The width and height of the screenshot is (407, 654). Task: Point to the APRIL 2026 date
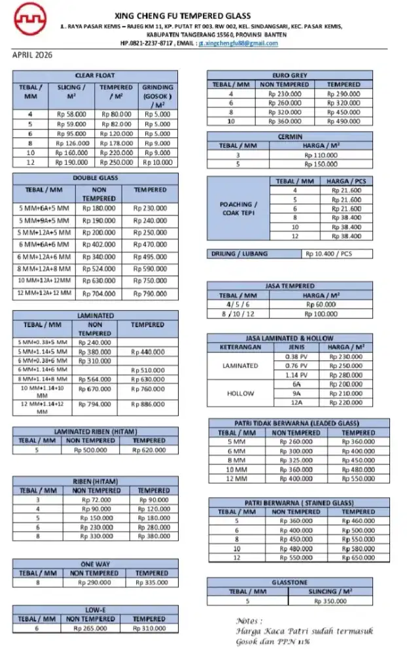[33, 56]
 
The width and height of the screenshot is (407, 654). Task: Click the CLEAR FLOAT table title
[95, 75]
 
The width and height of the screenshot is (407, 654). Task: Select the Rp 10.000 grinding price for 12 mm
[157, 162]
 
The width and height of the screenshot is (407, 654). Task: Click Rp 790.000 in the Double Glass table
[150, 294]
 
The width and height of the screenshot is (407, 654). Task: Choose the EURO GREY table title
[289, 75]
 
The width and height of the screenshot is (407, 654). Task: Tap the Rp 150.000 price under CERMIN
[321, 163]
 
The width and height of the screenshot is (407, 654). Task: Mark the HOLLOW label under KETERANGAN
[240, 394]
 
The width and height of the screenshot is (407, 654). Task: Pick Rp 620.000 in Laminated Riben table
[149, 450]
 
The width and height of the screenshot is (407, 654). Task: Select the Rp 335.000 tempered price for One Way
[151, 582]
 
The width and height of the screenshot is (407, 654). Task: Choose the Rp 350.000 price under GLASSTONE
[330, 600]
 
